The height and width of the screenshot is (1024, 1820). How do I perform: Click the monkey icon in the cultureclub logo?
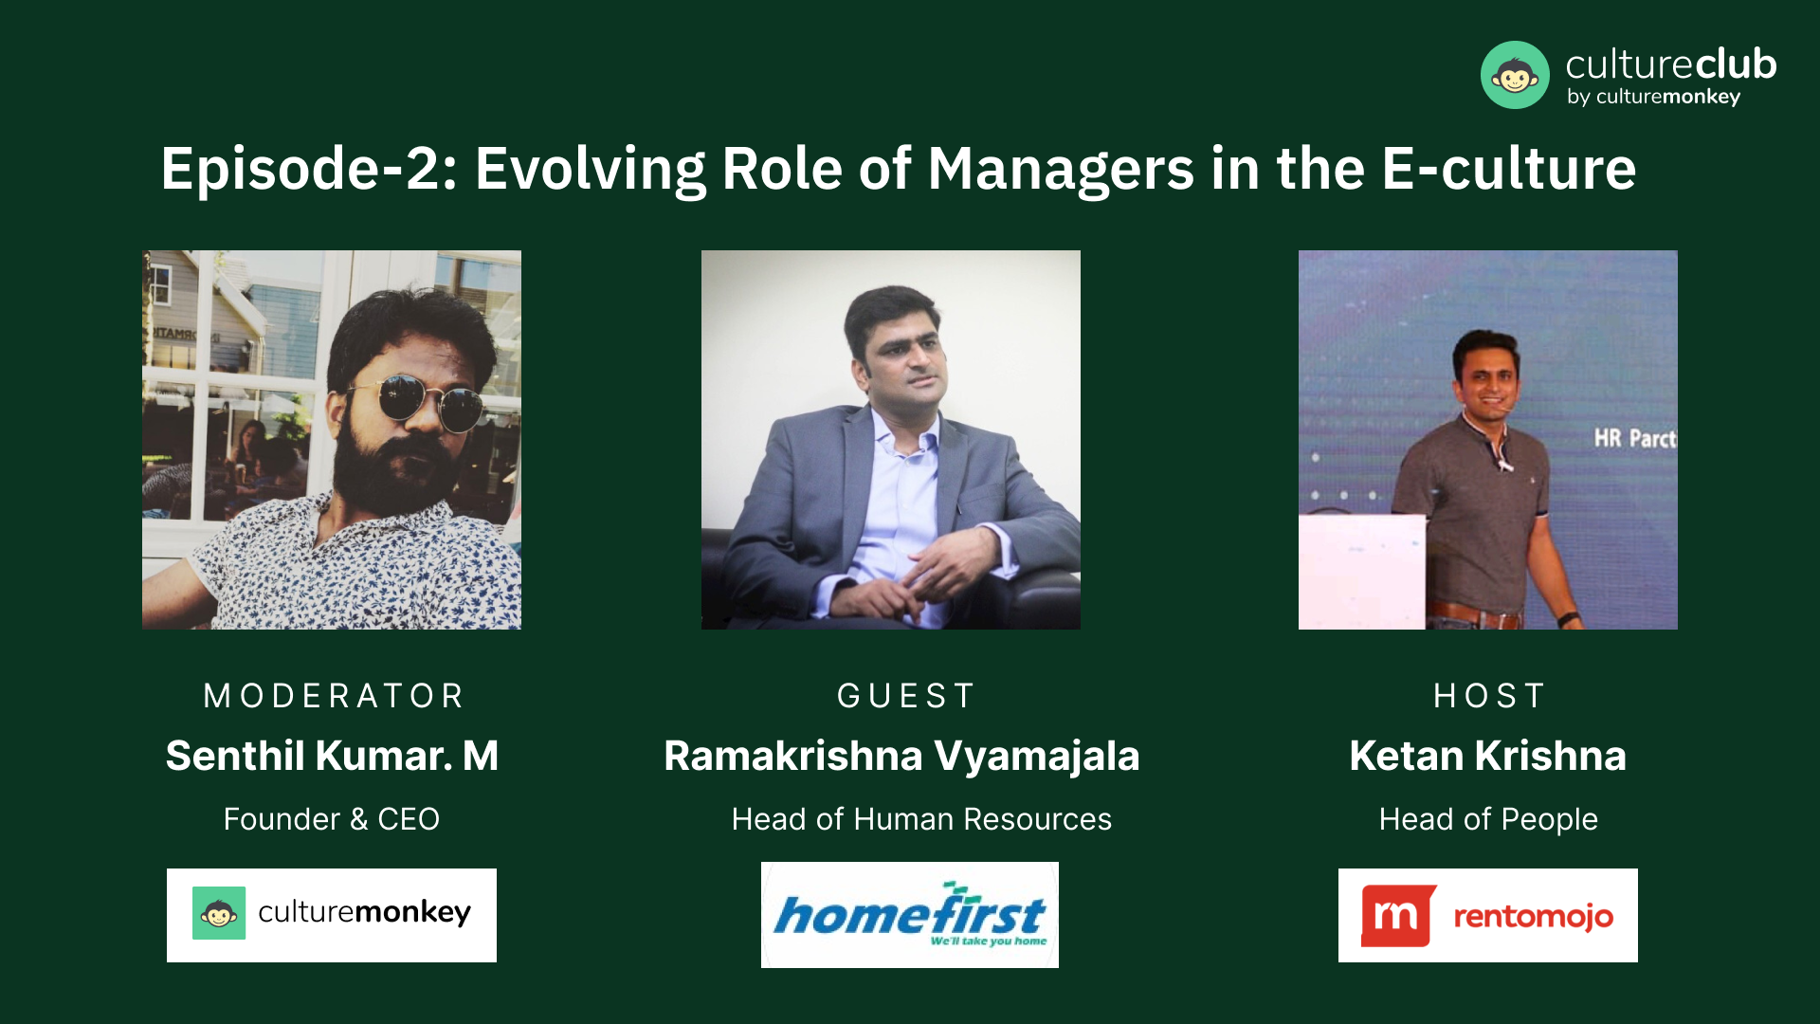[x=1515, y=75]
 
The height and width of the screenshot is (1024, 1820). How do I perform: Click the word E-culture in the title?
[x=1509, y=169]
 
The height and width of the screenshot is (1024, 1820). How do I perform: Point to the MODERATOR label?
[x=334, y=696]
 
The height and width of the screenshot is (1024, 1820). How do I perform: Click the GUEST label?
[x=905, y=696]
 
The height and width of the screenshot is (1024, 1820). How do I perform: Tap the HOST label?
[x=1489, y=696]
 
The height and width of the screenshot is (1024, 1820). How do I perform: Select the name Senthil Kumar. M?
[x=332, y=756]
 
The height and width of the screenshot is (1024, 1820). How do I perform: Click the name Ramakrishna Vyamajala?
[x=901, y=757]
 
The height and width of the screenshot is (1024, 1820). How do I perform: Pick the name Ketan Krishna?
[x=1488, y=756]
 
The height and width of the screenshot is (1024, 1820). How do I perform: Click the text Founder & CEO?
[x=332, y=819]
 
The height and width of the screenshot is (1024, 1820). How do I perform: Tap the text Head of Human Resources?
[x=921, y=819]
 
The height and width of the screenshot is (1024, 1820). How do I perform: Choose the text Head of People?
[x=1488, y=820]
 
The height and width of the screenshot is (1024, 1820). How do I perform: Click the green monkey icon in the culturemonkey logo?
[x=219, y=913]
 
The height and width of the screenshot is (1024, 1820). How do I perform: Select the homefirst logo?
[x=910, y=915]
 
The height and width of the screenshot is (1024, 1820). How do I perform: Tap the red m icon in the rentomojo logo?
[x=1398, y=916]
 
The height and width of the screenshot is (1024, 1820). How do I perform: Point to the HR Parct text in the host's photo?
[x=1635, y=438]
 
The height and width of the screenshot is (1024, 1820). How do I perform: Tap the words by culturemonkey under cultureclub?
[x=1654, y=97]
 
